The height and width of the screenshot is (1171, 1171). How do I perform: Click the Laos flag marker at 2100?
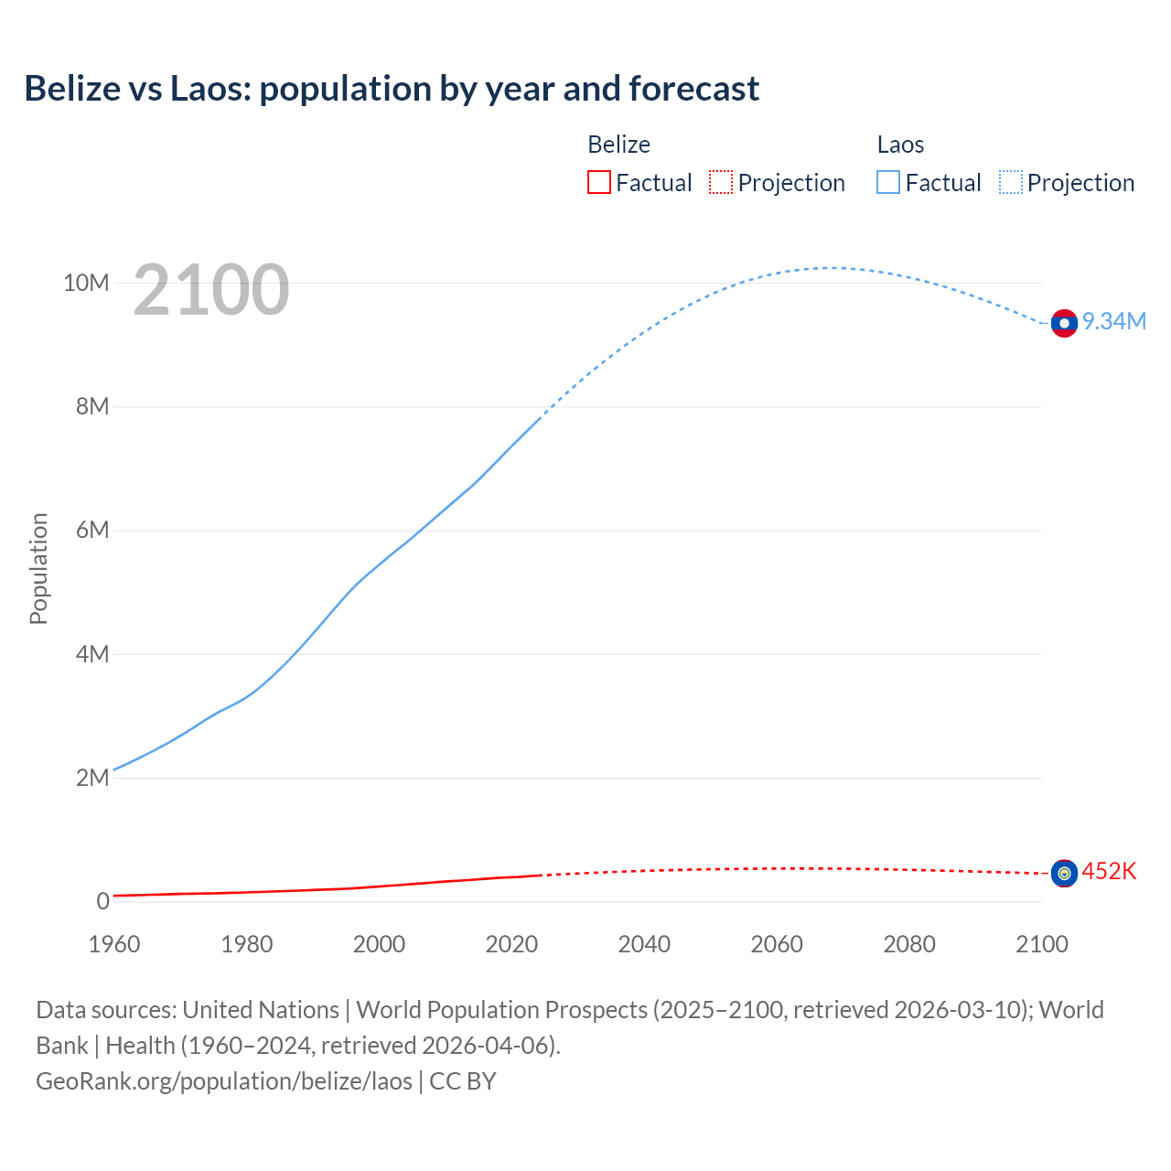[x=1064, y=323]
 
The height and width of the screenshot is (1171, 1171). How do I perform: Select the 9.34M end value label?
[x=1114, y=321]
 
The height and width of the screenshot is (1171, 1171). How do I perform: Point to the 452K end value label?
[x=1109, y=872]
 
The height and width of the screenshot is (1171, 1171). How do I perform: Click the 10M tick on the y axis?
[x=86, y=283]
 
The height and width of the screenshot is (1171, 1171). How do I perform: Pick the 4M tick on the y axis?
[x=92, y=654]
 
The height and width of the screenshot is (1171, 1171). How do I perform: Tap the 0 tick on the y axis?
[x=102, y=901]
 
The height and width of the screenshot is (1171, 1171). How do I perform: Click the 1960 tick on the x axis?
[x=114, y=944]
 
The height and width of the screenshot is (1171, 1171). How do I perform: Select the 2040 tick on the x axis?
[x=644, y=944]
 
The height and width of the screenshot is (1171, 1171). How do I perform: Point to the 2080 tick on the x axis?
[x=909, y=944]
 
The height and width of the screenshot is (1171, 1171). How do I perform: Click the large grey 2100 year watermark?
[x=211, y=290]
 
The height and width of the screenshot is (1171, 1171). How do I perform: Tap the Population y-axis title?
[x=38, y=568]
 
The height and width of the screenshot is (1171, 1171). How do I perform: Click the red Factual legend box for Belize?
[x=598, y=183]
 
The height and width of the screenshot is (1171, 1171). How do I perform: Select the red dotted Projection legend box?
[x=721, y=183]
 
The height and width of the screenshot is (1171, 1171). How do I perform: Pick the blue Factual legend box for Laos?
[x=888, y=183]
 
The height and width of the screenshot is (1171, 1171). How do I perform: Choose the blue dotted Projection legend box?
[x=1011, y=183]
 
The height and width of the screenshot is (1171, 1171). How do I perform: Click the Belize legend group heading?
[x=618, y=145]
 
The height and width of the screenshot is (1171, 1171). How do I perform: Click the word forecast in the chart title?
[x=693, y=89]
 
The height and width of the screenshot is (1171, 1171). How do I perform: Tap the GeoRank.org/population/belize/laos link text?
[x=224, y=1080]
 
